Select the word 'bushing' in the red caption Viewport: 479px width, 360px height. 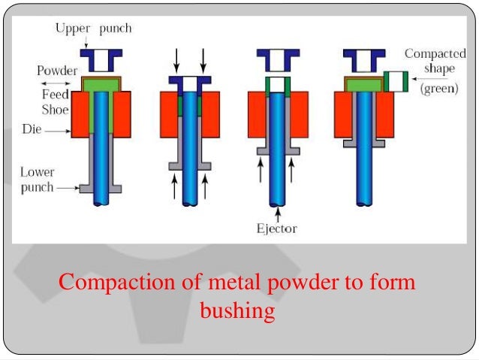[237, 310]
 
